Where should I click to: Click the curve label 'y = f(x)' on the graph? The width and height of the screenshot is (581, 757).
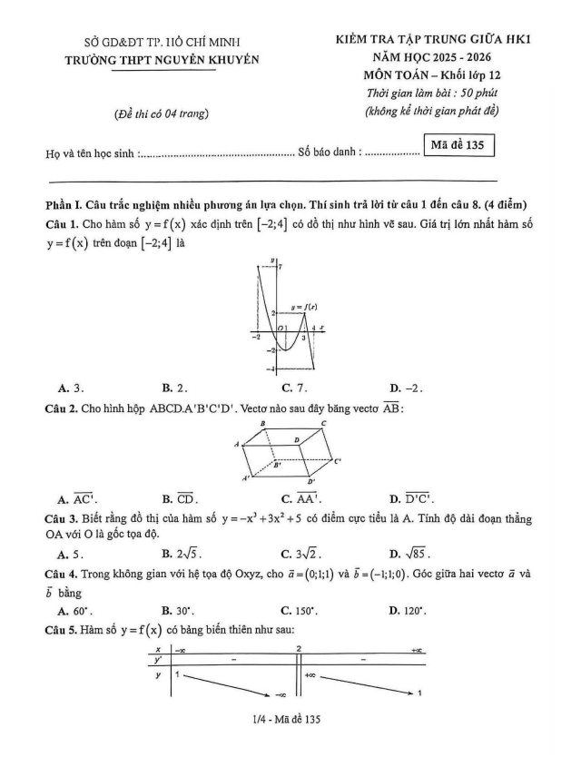pos(302,309)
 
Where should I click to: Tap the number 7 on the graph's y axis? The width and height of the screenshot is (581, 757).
pos(281,267)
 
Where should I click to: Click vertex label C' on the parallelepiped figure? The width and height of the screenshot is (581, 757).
pos(337,461)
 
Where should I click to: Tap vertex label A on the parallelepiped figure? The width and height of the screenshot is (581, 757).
pos(236,444)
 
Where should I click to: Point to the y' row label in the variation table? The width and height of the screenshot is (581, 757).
pos(159,660)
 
